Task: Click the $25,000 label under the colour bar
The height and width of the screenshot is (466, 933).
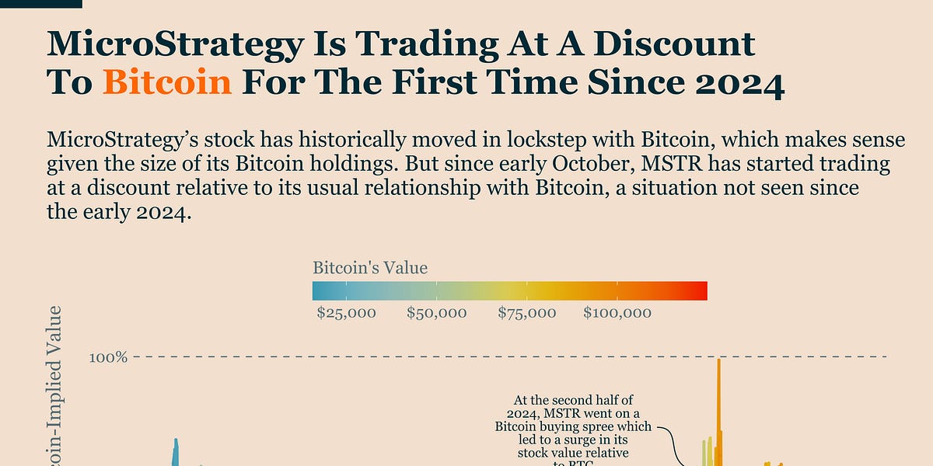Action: (x=346, y=313)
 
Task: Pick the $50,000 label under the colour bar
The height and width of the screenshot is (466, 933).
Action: (x=436, y=313)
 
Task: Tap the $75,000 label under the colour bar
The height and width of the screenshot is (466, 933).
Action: (x=526, y=313)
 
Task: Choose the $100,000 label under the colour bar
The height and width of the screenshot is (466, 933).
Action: (x=617, y=313)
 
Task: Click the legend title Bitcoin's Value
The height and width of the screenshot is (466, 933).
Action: (x=370, y=269)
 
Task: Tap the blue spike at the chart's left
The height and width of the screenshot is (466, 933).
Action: (x=176, y=450)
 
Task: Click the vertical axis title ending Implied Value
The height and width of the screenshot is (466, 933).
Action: (x=54, y=388)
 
